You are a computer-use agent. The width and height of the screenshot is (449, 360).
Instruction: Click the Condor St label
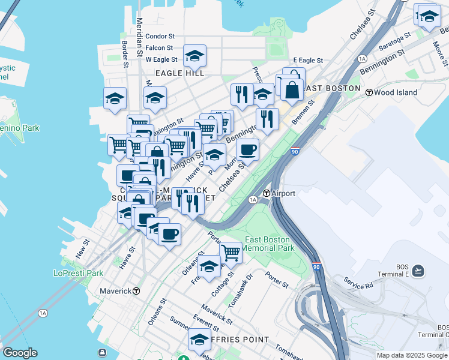[x=159, y=37]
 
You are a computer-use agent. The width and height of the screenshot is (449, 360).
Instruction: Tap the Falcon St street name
[x=159, y=48]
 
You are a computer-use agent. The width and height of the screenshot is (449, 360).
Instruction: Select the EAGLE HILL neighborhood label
[x=180, y=73]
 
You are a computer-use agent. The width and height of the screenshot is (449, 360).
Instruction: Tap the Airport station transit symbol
[x=266, y=193]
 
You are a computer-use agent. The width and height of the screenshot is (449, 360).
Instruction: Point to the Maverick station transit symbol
[x=137, y=291]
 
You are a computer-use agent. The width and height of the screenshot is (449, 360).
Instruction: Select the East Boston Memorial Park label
[x=268, y=244]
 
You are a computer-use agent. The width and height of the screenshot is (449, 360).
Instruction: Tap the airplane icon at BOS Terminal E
[x=418, y=271]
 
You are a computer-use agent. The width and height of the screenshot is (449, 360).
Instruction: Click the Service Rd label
[x=358, y=282]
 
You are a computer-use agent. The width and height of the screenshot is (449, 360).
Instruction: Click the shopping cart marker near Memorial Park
[x=231, y=253]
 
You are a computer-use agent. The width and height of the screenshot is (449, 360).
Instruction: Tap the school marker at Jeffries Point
[x=199, y=339]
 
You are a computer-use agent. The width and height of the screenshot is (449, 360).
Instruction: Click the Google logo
[x=20, y=353]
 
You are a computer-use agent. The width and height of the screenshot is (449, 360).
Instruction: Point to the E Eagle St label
[x=308, y=61]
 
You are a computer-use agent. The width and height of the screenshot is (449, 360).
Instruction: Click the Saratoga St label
[x=394, y=43]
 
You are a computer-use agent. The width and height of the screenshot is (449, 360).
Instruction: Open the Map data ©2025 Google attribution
[x=412, y=355]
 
